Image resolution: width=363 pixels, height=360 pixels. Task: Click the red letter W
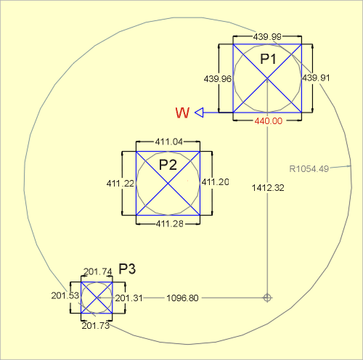tap(182, 112)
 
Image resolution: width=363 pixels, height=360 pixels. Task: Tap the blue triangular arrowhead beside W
tap(200, 112)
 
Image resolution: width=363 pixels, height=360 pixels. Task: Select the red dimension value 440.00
tap(269, 120)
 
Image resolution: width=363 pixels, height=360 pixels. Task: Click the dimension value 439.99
tap(267, 37)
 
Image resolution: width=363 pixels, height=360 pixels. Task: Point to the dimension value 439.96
tap(218, 79)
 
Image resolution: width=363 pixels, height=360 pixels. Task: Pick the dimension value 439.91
tap(316, 78)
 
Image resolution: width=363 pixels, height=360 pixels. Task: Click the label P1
tap(268, 59)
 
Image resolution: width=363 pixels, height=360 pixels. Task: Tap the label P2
tap(168, 165)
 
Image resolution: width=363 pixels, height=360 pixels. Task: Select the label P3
tap(127, 269)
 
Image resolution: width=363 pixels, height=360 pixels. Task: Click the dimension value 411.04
tap(169, 142)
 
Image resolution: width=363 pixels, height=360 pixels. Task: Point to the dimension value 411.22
tap(121, 184)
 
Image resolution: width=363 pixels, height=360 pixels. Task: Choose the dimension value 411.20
tap(216, 182)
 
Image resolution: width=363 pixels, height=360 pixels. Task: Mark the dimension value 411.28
tap(170, 224)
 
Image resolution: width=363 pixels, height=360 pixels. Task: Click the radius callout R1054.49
tap(309, 169)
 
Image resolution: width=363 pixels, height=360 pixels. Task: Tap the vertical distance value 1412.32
tap(268, 188)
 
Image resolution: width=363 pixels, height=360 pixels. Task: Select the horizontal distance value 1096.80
tap(182, 298)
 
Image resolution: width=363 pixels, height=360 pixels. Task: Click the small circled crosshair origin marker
tap(267, 298)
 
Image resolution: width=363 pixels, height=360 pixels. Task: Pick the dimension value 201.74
tap(98, 271)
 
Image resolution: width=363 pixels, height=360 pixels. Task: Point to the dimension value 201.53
tap(65, 295)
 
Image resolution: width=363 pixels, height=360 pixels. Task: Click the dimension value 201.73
tap(96, 326)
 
